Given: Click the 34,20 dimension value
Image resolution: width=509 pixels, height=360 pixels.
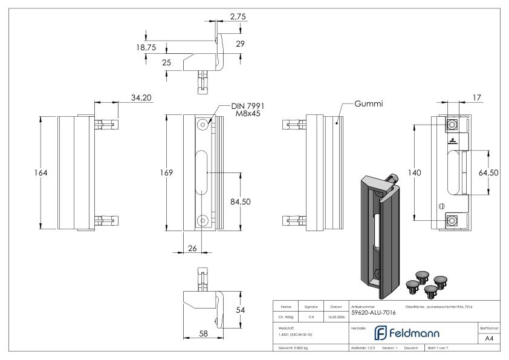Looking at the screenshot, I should point(141,97).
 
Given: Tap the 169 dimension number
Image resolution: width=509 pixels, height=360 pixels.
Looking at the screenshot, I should point(173,173).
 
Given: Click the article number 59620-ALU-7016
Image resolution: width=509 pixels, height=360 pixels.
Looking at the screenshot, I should point(374,312).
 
